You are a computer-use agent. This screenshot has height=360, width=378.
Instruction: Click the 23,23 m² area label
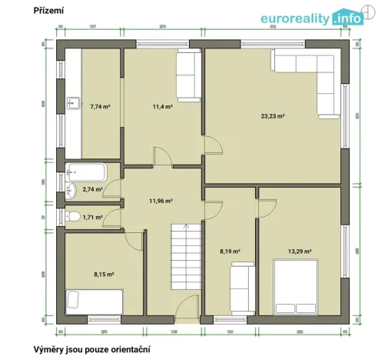pyautogui.click(x=272, y=116)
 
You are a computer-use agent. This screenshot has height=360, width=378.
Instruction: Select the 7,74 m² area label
pyautogui.click(x=100, y=106)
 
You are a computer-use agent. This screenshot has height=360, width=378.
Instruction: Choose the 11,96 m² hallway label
pyautogui.click(x=160, y=202)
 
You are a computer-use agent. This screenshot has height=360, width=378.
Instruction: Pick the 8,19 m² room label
pyautogui.click(x=230, y=251)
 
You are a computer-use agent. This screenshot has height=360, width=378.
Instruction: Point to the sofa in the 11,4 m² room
pyautogui.click(x=187, y=77)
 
